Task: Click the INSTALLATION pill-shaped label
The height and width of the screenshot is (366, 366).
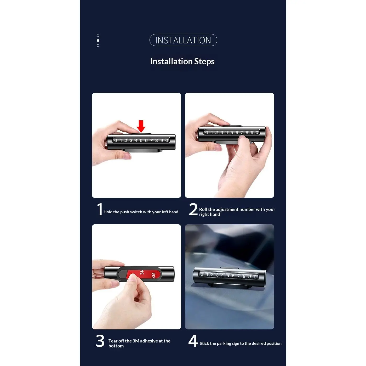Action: click(183, 40)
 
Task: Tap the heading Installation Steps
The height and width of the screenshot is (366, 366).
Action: click(182, 61)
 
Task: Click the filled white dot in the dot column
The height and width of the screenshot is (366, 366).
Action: click(98, 41)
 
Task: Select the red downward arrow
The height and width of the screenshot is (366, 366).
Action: click(141, 126)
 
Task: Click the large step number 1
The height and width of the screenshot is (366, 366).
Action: click(100, 209)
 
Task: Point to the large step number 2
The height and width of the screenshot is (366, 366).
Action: click(193, 209)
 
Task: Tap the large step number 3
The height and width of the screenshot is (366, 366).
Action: click(100, 341)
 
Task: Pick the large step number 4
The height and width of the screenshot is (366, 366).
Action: click(193, 341)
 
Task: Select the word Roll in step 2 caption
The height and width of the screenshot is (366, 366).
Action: click(203, 209)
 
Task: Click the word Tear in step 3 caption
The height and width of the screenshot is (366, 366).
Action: click(113, 341)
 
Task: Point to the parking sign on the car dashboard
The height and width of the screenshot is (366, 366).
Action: click(229, 277)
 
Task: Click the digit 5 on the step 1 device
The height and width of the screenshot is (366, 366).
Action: click(141, 141)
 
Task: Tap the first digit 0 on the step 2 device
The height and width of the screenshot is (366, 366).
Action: click(207, 133)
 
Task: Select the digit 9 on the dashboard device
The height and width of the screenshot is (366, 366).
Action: click(250, 276)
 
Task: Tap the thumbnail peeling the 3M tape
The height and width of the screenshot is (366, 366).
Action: click(136, 277)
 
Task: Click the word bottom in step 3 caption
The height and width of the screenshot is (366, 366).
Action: click(116, 346)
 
